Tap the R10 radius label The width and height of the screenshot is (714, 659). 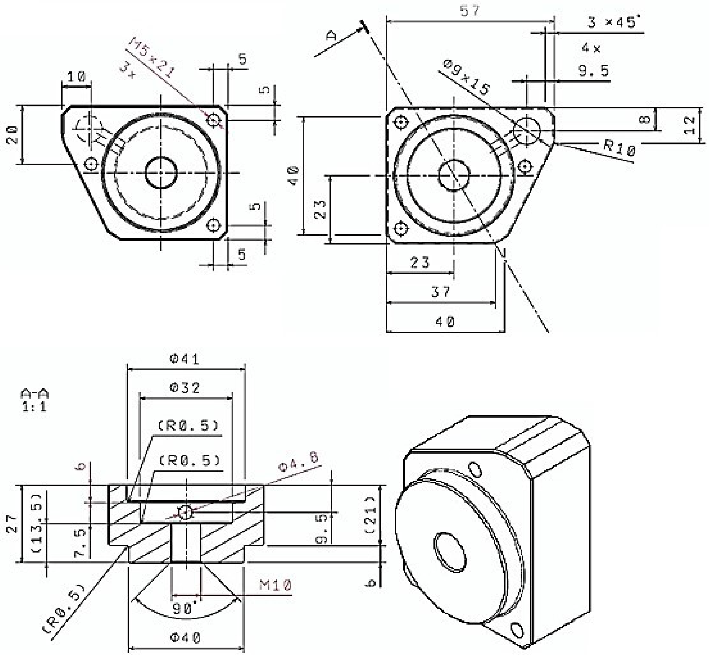pos(620,148)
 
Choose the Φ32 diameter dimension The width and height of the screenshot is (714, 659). pos(185,388)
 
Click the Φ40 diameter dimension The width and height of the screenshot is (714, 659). pos(185,638)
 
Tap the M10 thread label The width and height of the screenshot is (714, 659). pos(275,585)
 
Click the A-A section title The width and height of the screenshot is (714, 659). pos(35,394)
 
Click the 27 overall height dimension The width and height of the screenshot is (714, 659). pos(12,523)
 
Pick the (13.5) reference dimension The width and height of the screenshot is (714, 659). pos(37,523)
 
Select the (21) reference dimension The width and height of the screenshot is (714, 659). pos(371,515)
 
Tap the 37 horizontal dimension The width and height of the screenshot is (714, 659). pos(441,292)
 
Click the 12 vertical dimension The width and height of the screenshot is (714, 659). pos(690,125)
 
